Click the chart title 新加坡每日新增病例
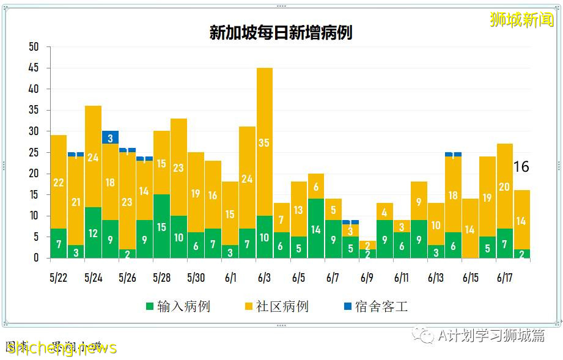tap(281, 32)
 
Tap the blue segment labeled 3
tap(110, 138)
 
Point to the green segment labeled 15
tap(161, 227)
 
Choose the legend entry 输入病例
tap(177, 306)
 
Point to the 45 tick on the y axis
tap(34, 68)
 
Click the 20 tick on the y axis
tap(34, 174)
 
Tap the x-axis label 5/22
tap(59, 277)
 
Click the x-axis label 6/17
tap(504, 277)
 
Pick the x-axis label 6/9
tap(367, 277)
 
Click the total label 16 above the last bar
tap(521, 167)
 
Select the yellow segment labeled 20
tap(505, 186)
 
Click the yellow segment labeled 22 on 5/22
tap(58, 182)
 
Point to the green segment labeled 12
tap(93, 233)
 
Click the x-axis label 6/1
tap(230, 277)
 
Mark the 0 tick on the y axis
tap(35, 258)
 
